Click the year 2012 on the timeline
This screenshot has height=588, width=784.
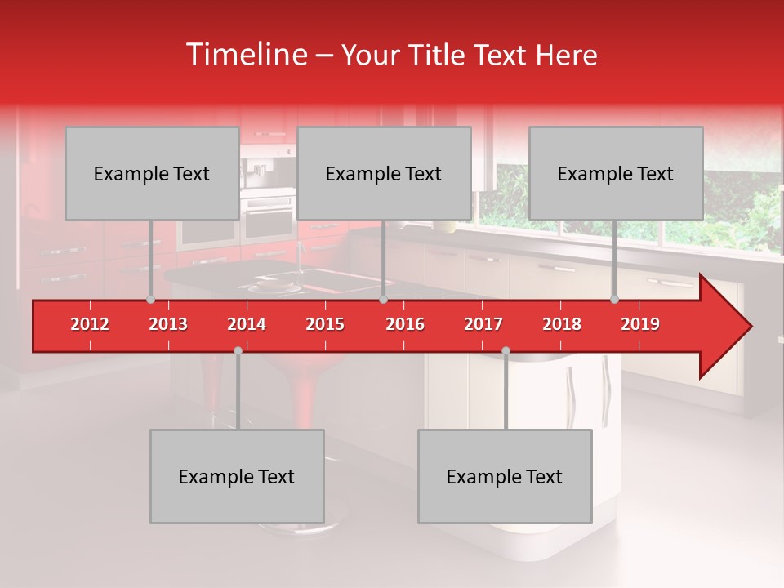pyautogui.click(x=90, y=324)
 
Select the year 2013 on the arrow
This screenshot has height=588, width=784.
pyautogui.click(x=168, y=324)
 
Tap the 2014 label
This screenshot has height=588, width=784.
pyautogui.click(x=247, y=324)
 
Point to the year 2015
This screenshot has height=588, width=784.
pyautogui.click(x=325, y=324)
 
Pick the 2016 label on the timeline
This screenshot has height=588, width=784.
pyautogui.click(x=405, y=324)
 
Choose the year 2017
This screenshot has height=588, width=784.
pyautogui.click(x=483, y=324)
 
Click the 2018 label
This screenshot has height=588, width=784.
pyautogui.click(x=562, y=324)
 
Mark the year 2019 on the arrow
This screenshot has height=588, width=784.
pyautogui.click(x=640, y=324)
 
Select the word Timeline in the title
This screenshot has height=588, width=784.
pyautogui.click(x=245, y=55)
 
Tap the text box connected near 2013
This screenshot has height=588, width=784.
pyautogui.click(x=152, y=173)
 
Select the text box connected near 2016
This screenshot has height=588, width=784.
pyautogui.click(x=384, y=173)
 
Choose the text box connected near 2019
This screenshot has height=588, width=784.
pyautogui.click(x=616, y=173)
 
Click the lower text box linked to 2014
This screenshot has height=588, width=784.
pyautogui.click(x=237, y=476)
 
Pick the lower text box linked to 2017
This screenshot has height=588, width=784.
pyautogui.click(x=505, y=476)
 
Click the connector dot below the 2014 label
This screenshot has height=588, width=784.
pyautogui.click(x=238, y=350)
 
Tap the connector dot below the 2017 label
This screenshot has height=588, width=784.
pyautogui.click(x=506, y=350)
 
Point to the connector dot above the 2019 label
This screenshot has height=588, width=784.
pyautogui.click(x=614, y=299)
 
